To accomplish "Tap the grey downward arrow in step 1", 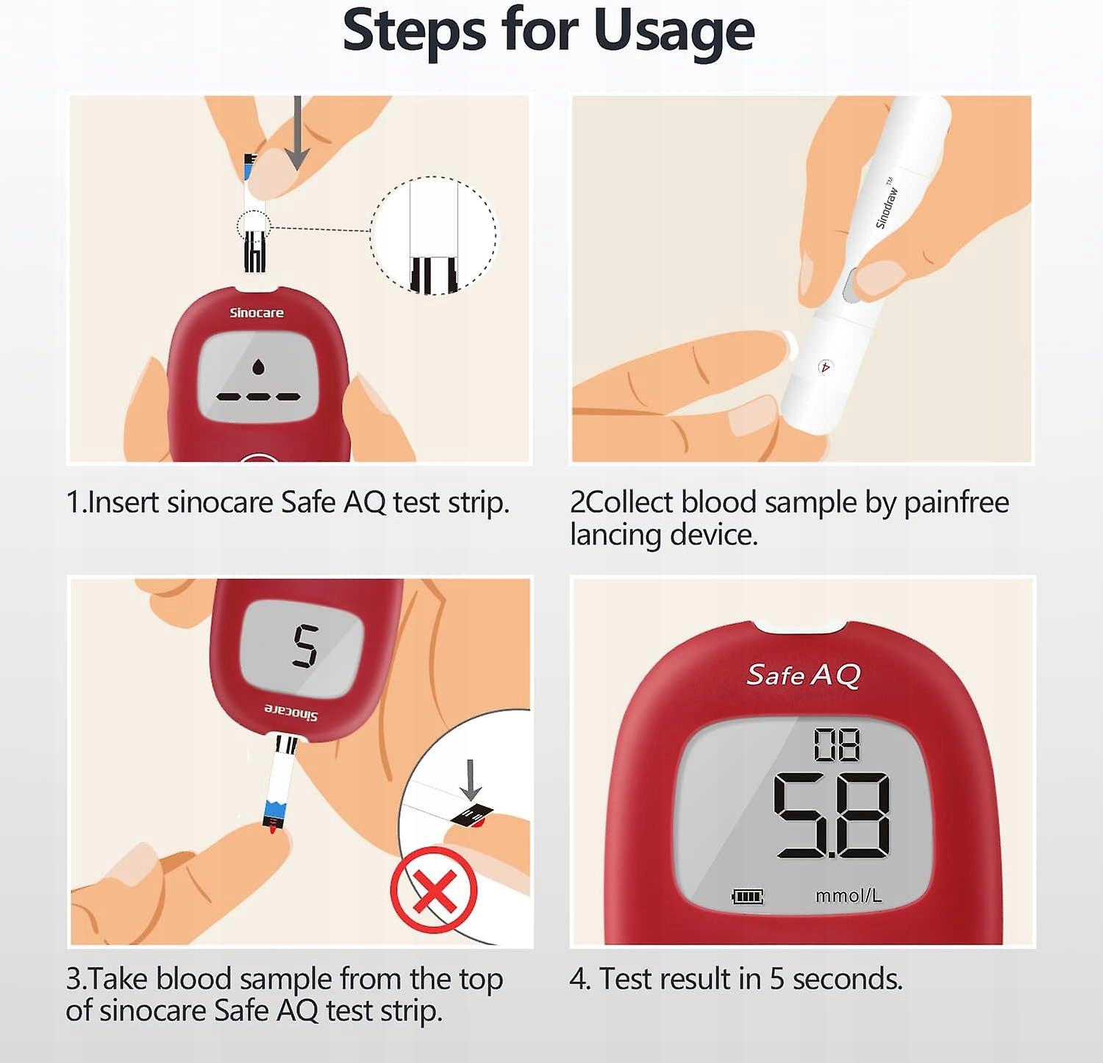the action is tap(296, 132).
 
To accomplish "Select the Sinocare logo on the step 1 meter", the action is tap(257, 313).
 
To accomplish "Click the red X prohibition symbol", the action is tap(434, 890).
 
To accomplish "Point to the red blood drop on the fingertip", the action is tap(272, 830).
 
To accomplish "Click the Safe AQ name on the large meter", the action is tap(804, 675).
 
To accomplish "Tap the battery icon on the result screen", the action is tap(747, 896).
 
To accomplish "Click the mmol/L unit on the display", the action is tap(849, 895).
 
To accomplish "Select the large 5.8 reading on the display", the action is tap(832, 815).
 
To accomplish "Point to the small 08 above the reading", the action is tap(837, 744).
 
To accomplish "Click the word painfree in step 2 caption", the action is tap(956, 503).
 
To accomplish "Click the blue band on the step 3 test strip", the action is tap(275, 812).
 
